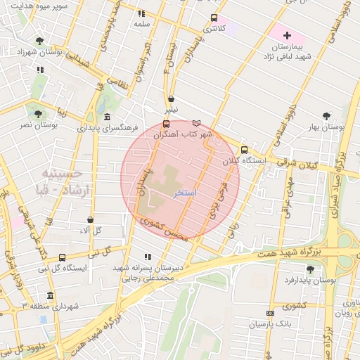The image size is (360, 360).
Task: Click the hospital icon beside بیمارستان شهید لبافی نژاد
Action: tap(286, 34)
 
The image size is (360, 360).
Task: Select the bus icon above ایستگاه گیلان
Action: tap(244, 149)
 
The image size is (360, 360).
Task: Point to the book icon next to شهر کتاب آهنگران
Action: tap(196, 123)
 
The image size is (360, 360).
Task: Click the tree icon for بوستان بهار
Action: tap(326, 116)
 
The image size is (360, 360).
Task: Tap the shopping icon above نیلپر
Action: tap(172, 99)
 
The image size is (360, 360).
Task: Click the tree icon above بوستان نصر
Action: tap(38, 113)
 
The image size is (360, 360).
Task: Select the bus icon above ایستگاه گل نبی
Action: tap(63, 257)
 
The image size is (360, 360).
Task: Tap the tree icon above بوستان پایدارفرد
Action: tap(311, 269)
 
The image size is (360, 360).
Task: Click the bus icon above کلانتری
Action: tap(214, 18)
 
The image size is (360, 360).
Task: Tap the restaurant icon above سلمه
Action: tap(141, 13)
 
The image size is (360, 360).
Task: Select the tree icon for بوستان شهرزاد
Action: tap(39, 40)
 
